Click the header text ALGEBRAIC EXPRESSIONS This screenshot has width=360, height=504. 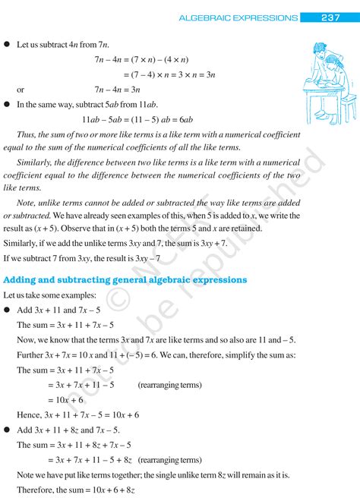pos(238,17)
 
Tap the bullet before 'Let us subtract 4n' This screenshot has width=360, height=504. pos(6,45)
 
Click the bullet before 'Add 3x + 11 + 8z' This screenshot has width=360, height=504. pos(6,430)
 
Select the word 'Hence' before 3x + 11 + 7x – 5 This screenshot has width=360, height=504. pos(29,415)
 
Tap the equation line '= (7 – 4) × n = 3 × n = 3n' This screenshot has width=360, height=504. pos(159,74)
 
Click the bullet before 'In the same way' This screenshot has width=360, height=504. pos(6,104)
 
